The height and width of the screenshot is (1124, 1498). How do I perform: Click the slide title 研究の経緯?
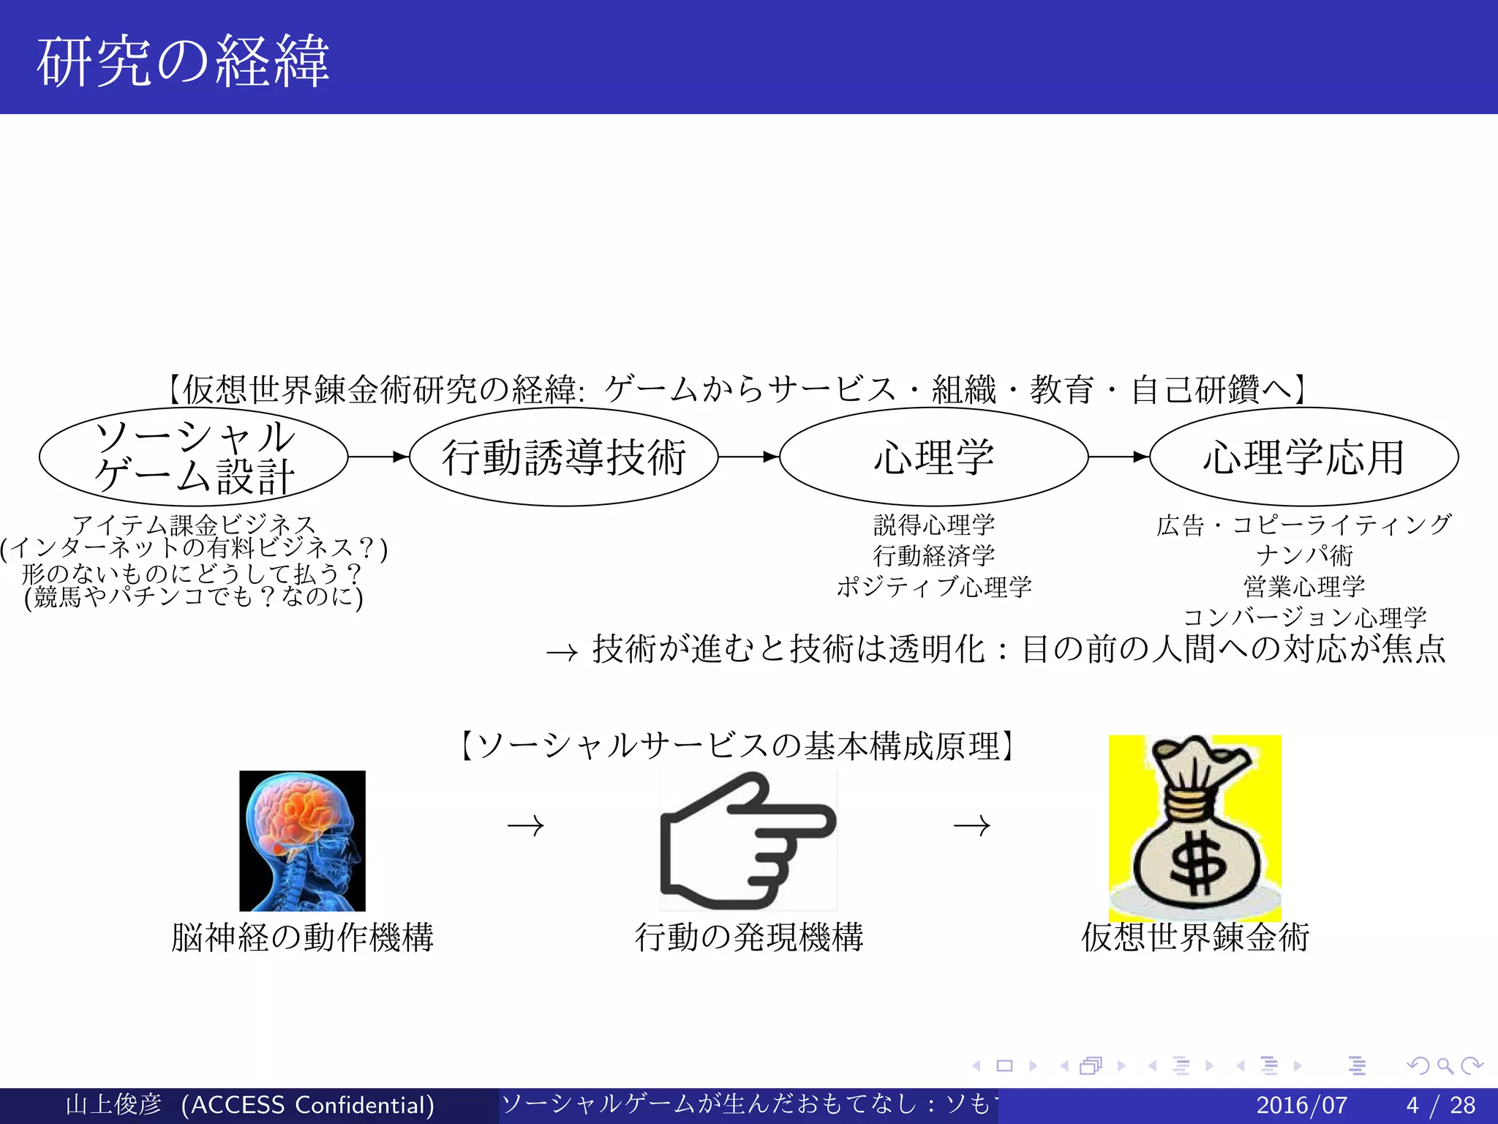[183, 61]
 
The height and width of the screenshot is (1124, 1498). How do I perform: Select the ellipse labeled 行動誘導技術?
[563, 457]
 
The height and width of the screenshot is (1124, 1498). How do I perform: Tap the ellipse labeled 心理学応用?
[1303, 457]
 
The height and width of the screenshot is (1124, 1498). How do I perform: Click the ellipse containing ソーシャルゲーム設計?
[193, 457]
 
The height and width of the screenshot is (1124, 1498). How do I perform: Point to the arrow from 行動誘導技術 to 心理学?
[748, 457]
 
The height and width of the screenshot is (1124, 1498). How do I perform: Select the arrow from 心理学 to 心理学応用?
[1118, 457]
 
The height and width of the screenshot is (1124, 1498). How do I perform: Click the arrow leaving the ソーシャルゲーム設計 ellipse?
[377, 457]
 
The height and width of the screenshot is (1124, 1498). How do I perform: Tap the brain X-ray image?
[302, 840]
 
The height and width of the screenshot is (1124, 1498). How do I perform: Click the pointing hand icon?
[748, 840]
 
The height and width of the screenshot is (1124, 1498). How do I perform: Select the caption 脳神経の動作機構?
[302, 937]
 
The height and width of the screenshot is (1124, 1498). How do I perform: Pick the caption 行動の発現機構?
[748, 937]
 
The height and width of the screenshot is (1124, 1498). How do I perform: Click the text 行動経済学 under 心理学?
[933, 555]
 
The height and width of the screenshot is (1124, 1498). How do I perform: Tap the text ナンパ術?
[1303, 555]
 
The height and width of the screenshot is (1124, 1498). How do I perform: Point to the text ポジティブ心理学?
[933, 586]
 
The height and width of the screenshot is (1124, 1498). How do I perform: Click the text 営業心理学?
[1303, 586]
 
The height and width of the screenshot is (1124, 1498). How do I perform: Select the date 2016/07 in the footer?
[1301, 1105]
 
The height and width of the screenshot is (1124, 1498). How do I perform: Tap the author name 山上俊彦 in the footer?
[113, 1105]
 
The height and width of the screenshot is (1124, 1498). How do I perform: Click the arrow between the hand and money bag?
[972, 826]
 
